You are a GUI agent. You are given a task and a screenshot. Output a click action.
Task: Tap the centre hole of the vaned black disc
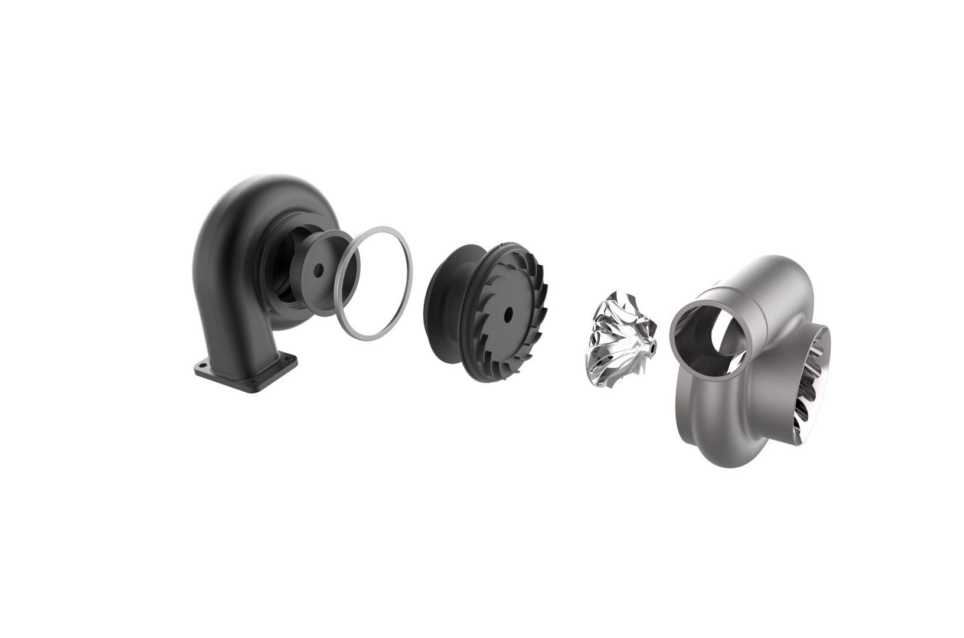coord(507,314)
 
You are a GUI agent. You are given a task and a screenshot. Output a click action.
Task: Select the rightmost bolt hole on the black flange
coord(287,357)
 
